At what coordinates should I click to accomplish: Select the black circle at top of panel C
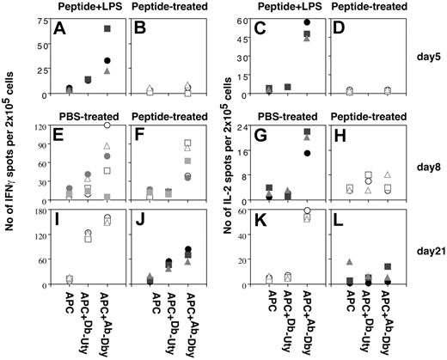pos(307,22)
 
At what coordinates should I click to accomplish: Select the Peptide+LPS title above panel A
pos(82,6)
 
